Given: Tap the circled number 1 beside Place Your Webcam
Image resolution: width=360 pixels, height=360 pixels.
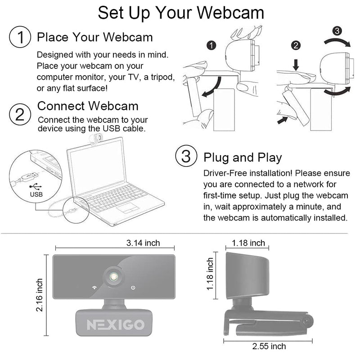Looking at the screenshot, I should tap(20, 36).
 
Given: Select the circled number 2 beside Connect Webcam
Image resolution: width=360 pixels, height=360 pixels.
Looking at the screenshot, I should tap(20, 114).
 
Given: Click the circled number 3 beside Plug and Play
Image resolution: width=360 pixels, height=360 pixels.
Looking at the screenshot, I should tap(186, 157).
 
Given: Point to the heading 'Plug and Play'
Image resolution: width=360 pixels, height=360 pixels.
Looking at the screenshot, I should tap(243, 157).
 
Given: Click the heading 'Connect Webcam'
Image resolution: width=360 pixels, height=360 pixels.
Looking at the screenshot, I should tap(88, 106).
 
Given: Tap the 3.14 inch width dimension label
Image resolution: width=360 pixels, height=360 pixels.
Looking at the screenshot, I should tap(143, 243).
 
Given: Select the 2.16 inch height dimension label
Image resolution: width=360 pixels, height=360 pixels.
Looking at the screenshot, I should tap(40, 295).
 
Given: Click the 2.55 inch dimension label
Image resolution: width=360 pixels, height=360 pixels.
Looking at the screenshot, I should tap(269, 346).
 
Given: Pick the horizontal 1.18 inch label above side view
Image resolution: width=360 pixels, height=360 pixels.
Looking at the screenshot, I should tap(248, 243).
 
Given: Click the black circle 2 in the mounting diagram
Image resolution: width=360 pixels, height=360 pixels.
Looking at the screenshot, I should tap(296, 45).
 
